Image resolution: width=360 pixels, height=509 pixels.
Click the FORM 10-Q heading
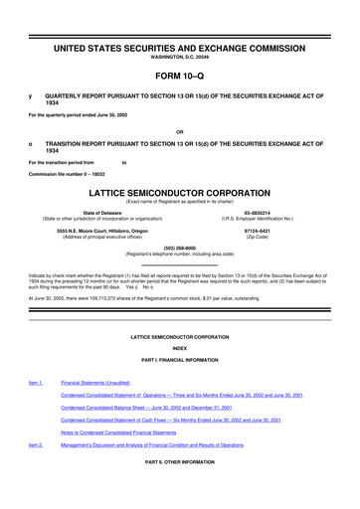point(179,76)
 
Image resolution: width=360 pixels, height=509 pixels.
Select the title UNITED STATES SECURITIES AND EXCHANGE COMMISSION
point(179,48)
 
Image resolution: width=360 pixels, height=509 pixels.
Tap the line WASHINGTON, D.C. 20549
point(179,58)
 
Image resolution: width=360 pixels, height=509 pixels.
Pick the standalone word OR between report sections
point(179,131)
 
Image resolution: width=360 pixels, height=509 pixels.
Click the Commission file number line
point(67,175)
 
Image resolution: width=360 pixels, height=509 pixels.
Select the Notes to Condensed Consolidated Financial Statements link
point(131,433)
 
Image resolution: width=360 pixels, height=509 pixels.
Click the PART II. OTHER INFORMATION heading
point(179,463)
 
